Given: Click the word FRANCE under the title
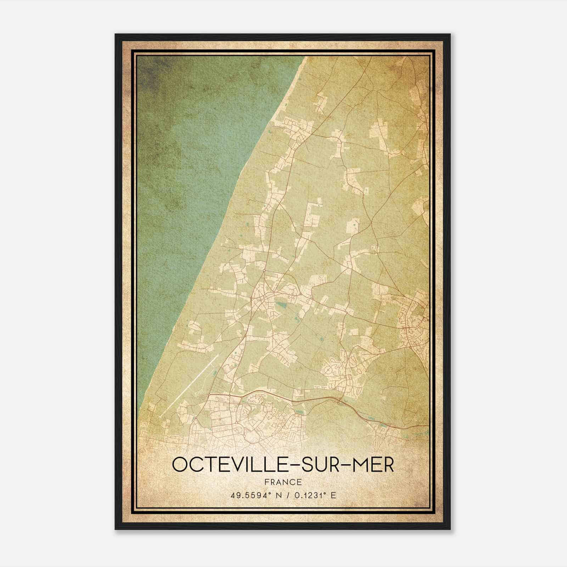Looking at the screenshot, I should (283, 482).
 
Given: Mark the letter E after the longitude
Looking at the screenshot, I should (333, 495).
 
